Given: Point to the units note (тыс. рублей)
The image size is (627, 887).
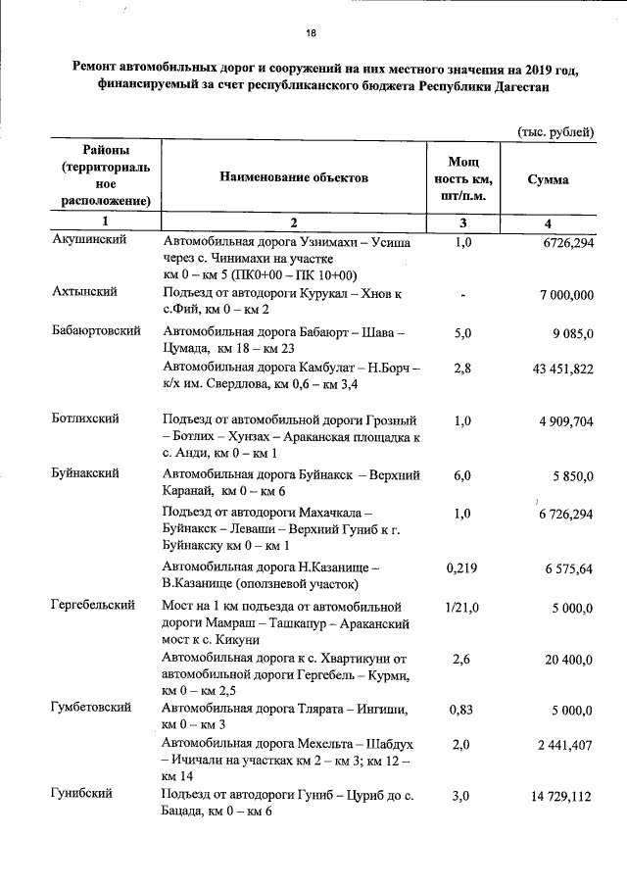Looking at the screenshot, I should coord(555,131).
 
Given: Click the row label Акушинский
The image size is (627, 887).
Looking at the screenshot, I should coord(87,242).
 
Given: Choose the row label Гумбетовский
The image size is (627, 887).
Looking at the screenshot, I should coord(91,709).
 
